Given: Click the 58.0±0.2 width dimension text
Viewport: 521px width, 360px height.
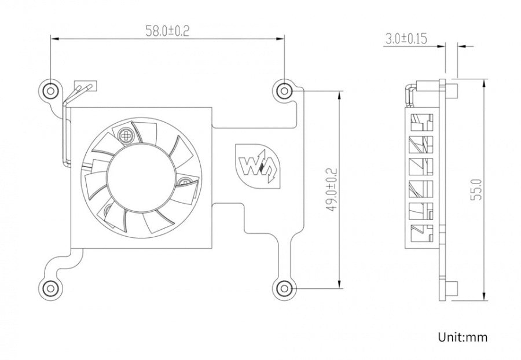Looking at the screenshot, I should pos(167,30).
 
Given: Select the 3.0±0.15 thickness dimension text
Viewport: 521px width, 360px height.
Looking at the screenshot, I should pos(405,39).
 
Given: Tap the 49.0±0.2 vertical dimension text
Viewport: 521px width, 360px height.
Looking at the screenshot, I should pos(331,189).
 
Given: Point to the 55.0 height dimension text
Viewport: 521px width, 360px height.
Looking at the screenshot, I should pos(476,189).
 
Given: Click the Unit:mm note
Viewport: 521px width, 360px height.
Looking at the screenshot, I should pos(463,337).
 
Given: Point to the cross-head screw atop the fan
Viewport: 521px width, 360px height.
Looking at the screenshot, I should pos(126,135).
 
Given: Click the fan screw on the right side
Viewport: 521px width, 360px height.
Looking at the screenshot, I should pos(185,183).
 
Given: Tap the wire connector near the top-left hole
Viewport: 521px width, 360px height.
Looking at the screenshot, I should pos(85,88).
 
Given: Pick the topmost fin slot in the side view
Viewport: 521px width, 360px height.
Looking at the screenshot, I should pos(421,123).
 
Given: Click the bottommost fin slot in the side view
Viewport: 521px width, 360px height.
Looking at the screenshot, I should pos(421,233).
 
